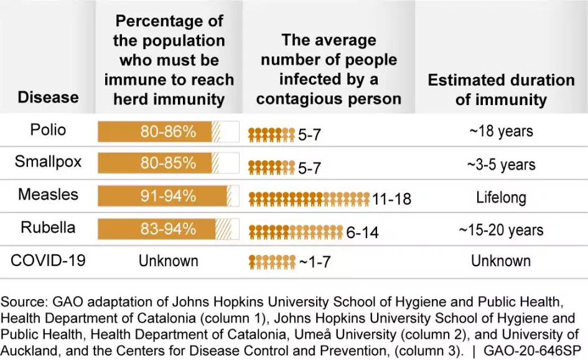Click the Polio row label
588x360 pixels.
pos(48,131)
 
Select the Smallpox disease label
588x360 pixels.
pos(48,163)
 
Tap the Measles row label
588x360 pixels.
pos(48,195)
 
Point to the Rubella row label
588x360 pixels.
pos(48,228)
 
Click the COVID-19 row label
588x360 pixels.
pos(48,260)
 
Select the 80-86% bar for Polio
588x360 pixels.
pos(168,131)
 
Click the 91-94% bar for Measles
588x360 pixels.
pos(168,196)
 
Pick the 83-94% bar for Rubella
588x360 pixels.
pos(168,229)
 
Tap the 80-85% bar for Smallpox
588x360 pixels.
pos(168,164)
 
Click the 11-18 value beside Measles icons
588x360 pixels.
pos(391,199)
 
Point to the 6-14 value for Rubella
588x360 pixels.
pos(363,233)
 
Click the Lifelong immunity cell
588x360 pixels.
pos(501,198)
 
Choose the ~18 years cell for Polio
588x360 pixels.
pos(501,132)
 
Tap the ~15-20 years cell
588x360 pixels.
pos(501,230)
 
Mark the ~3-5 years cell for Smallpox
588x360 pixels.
pos(501,165)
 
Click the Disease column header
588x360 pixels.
pos(48,98)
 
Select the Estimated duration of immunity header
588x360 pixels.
pos(501,90)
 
